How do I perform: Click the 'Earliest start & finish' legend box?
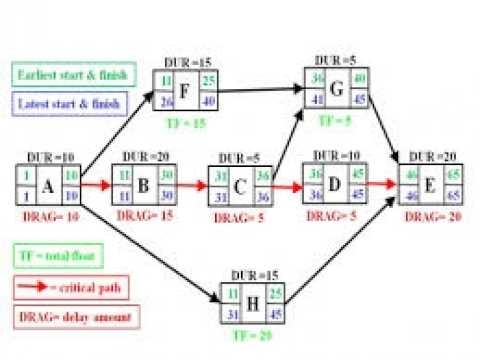pos(59,73)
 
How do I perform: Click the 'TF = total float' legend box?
pos(53,255)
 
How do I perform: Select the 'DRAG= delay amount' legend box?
pos(57,316)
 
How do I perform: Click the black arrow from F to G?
pos(260,91)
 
